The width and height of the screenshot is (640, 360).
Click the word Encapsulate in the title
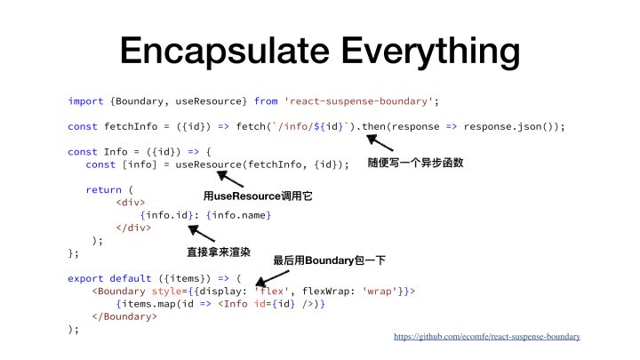(225, 52)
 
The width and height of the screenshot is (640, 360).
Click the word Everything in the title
(430, 52)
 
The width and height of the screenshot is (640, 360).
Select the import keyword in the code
(85, 101)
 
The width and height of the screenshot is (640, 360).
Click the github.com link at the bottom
(487, 337)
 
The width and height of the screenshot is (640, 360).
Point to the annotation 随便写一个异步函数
(415, 163)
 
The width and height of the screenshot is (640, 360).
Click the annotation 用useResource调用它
(258, 196)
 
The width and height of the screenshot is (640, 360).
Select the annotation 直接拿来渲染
(219, 252)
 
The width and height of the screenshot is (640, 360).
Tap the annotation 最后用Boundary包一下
(330, 260)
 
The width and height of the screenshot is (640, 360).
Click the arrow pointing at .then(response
(380, 143)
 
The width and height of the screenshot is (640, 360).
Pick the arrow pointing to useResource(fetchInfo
(230, 180)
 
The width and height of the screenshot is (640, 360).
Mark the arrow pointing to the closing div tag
(201, 233)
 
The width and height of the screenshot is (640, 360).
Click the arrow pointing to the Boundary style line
(272, 278)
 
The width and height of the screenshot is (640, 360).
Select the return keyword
(104, 190)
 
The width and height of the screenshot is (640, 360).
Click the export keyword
(85, 279)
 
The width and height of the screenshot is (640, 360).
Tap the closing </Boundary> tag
(124, 316)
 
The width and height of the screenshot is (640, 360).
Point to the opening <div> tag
(131, 203)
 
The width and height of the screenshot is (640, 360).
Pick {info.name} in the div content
(239, 215)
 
